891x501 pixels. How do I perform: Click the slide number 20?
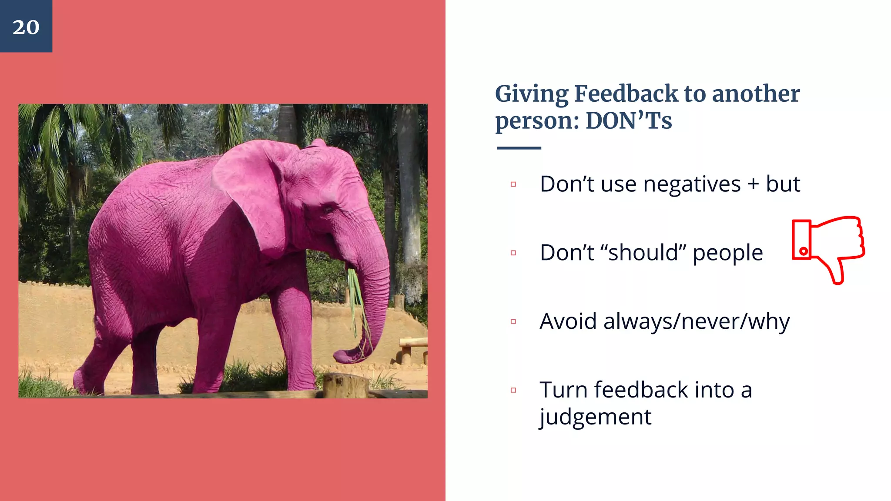tap(26, 27)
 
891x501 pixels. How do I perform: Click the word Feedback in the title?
tap(626, 94)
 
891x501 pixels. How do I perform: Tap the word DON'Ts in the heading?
tap(629, 121)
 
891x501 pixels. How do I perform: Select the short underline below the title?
tap(519, 148)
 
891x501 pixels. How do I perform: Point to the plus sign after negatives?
tap(753, 184)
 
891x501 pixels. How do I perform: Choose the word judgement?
tap(595, 417)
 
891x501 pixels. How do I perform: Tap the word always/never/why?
tap(696, 322)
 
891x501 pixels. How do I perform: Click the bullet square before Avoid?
tap(513, 322)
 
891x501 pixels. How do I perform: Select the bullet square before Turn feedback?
tap(513, 390)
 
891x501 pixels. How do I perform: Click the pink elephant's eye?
tap(327, 209)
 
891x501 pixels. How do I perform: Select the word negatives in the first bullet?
tap(692, 184)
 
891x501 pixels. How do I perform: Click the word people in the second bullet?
tap(727, 253)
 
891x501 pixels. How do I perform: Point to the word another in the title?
tap(756, 94)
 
